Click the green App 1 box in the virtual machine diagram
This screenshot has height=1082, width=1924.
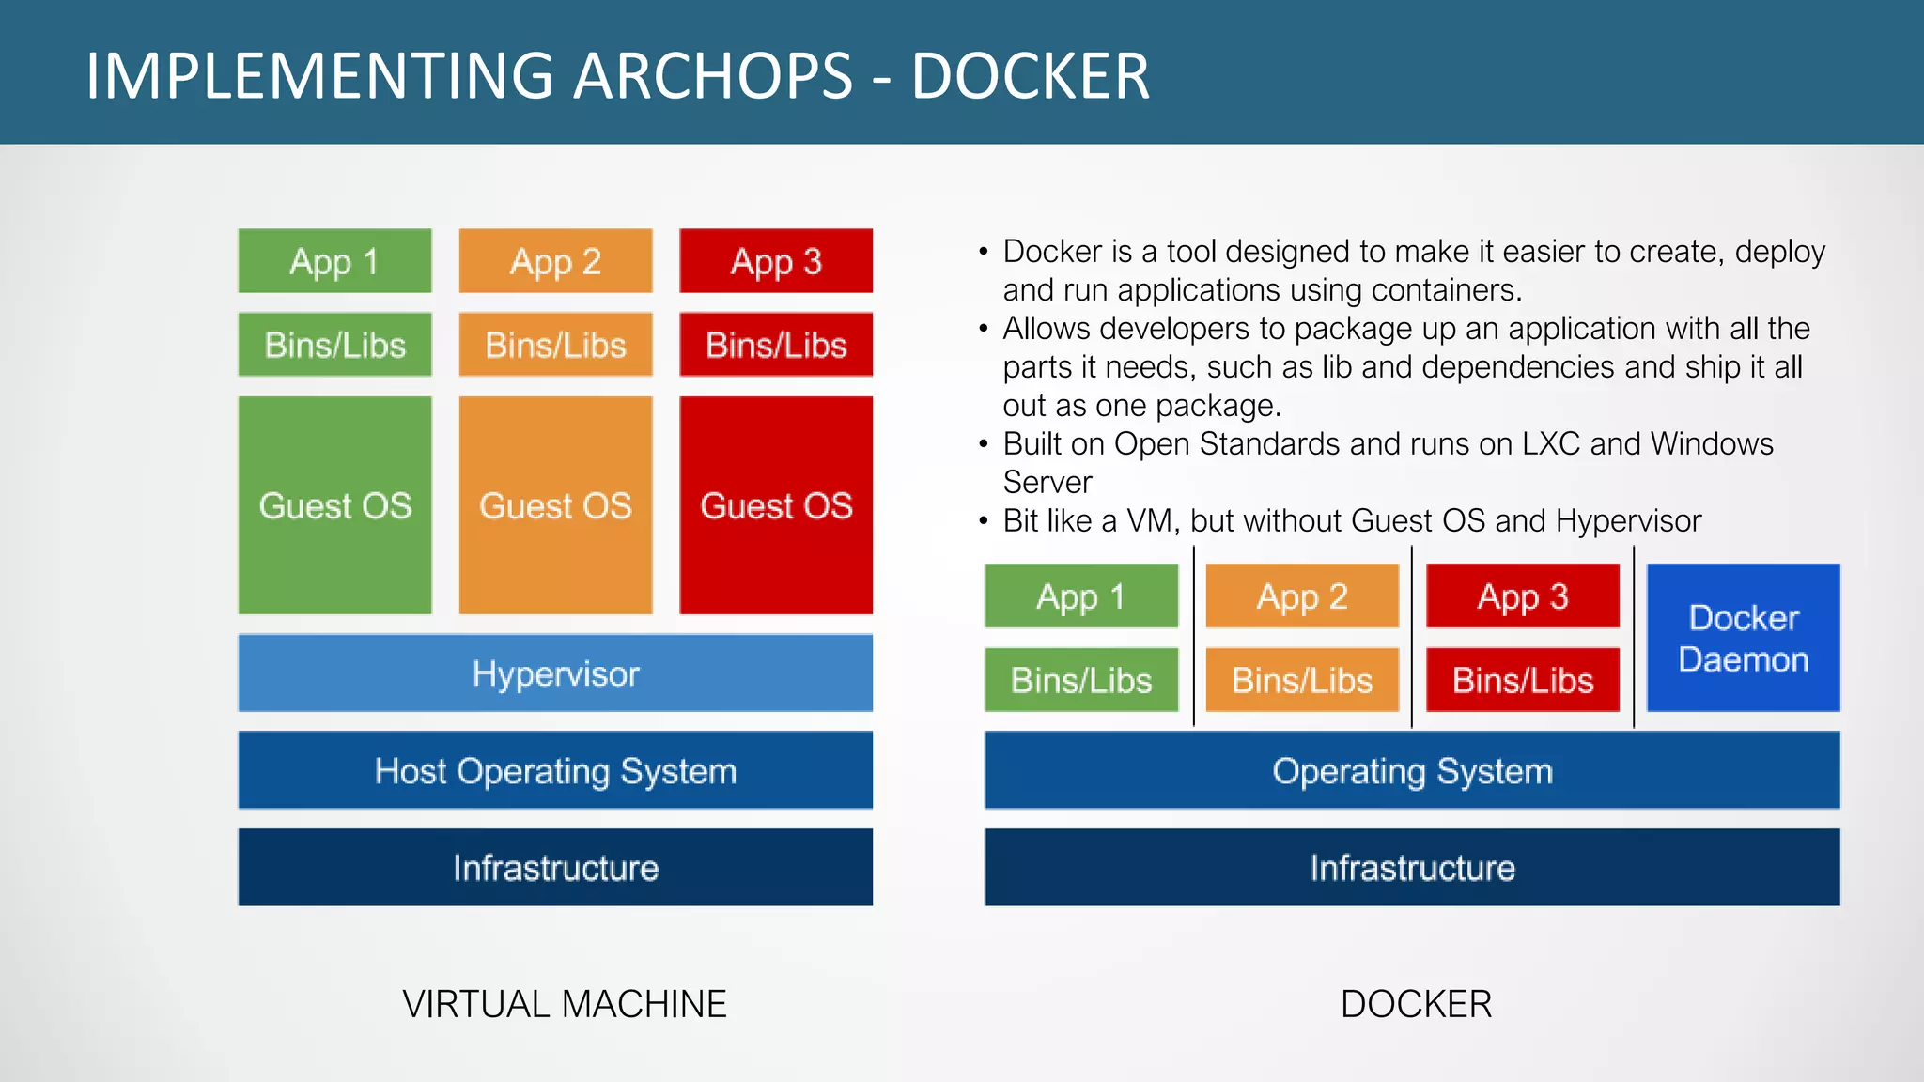click(x=334, y=261)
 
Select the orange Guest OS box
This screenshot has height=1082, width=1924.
click(x=555, y=505)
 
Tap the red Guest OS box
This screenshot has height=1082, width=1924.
click(x=776, y=505)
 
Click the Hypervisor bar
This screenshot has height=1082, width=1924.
click(x=555, y=673)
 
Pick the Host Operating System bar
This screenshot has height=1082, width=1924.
click(x=555, y=770)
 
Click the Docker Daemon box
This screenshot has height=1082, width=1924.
click(x=1743, y=638)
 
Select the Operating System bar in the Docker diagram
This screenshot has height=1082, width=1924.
click(x=1412, y=770)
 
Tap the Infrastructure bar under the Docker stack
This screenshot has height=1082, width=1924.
click(x=1412, y=867)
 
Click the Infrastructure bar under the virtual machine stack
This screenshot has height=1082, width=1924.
click(x=555, y=867)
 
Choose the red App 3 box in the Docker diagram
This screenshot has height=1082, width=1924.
click(x=1523, y=596)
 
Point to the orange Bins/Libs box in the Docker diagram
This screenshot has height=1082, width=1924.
click(x=1302, y=680)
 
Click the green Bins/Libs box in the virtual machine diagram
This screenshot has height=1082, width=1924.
click(x=334, y=345)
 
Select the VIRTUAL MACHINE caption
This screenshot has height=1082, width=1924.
click(x=565, y=1004)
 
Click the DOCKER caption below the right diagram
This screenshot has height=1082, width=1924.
click(x=1416, y=1004)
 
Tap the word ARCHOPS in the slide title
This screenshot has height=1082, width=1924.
click(x=713, y=76)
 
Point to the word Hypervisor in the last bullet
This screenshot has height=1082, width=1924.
click(x=1628, y=520)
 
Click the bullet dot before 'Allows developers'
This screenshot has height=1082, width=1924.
click(x=984, y=329)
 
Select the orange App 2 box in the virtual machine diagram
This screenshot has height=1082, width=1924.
click(x=555, y=261)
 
